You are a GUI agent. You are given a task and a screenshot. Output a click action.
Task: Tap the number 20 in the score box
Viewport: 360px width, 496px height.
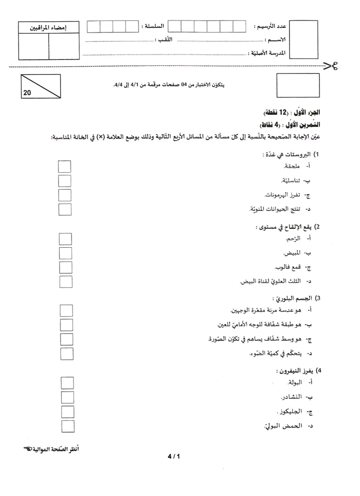pos(27,92)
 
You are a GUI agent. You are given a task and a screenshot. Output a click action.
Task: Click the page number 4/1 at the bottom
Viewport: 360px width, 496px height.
pos(173,456)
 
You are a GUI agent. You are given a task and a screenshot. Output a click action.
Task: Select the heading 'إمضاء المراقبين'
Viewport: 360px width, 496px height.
pos(48,27)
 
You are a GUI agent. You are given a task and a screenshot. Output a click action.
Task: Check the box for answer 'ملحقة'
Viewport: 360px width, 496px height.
pos(64,166)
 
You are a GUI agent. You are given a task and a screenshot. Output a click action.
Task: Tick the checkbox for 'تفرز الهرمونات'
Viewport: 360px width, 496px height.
pos(64,195)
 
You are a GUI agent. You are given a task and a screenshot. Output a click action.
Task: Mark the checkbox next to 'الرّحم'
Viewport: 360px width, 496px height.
pos(65,239)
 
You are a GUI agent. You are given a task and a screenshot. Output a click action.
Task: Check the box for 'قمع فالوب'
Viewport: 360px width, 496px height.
pos(65,267)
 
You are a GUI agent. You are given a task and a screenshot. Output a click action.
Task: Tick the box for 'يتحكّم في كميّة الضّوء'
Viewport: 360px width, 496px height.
pos(66,354)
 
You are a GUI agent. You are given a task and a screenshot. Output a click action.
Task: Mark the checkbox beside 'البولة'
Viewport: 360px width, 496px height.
pos(67,383)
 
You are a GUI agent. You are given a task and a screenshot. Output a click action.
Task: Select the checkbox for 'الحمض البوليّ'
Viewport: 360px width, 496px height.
pos(67,426)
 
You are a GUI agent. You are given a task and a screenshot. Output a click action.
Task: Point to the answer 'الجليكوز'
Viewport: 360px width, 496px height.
pos(291,413)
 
